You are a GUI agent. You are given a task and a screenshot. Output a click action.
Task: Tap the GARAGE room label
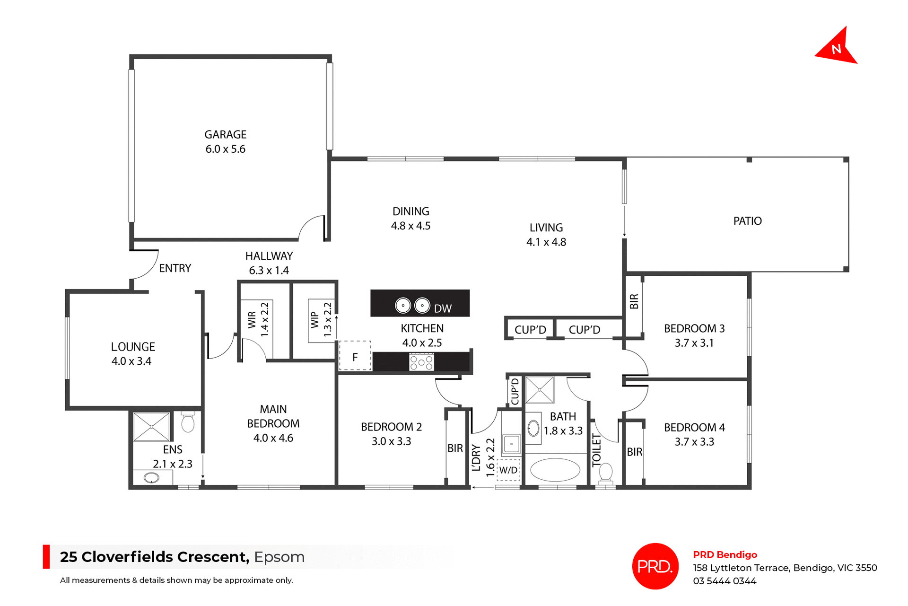pos(225,135)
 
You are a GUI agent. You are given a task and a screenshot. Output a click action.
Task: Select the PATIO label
pos(747,221)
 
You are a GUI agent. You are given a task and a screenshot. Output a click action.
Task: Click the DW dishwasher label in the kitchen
pos(443,309)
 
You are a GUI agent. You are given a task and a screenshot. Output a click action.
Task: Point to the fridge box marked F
pos(355,357)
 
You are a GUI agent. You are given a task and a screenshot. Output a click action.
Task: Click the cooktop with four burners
pos(421,363)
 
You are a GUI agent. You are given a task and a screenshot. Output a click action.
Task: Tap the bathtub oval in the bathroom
pos(555,470)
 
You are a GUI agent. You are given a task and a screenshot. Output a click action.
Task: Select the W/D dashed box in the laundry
pos(508,470)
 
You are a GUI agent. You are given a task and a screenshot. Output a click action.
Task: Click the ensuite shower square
pos(151,426)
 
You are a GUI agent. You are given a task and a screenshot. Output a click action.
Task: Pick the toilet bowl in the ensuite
pos(188,423)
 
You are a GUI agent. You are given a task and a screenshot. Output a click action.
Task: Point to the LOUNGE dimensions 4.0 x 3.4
pos(131,361)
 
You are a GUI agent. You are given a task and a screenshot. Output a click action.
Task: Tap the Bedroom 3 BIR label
pos(634,302)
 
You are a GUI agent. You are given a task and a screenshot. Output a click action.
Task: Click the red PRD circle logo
pos(655,566)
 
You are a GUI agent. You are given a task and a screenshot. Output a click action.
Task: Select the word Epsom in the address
pos(279,557)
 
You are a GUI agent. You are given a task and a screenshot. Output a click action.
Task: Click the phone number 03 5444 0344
pos(725,581)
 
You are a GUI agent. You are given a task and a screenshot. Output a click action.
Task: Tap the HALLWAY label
pos(269,256)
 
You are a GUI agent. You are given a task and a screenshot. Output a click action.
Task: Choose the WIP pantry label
pos(314,320)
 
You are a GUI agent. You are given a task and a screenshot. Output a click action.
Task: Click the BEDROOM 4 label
pos(694,428)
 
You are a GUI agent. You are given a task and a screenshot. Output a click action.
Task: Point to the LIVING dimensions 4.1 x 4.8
pos(546,242)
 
